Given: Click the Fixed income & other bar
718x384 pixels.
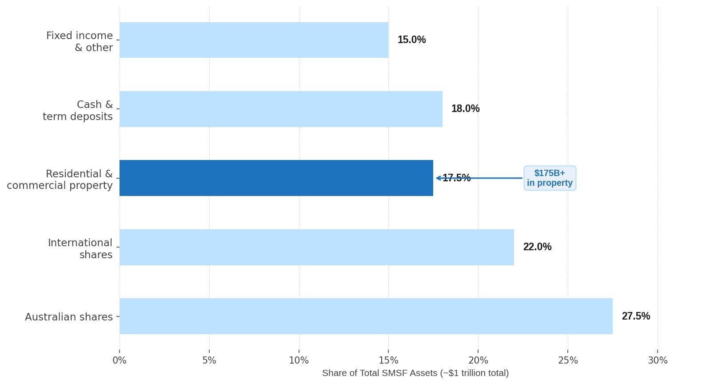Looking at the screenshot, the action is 254,40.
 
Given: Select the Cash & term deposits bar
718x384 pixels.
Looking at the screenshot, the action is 281,109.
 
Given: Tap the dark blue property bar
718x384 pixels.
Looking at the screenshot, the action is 276,178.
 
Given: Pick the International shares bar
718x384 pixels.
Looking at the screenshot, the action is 317,247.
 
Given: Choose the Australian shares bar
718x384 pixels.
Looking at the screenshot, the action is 366,316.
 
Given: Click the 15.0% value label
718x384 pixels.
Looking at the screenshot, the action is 411,40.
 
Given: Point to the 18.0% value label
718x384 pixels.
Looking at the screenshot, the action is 466,108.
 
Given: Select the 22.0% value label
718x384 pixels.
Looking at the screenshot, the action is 537,247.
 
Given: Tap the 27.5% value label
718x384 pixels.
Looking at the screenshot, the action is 636,316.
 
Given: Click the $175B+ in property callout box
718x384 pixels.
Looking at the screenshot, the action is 550,178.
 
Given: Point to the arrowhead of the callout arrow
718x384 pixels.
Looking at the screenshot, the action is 437,178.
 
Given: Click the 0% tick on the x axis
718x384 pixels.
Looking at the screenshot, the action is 120,360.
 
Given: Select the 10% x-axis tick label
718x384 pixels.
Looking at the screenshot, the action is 299,360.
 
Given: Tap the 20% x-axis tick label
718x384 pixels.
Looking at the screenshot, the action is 478,360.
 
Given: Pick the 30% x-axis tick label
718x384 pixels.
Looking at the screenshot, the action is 658,360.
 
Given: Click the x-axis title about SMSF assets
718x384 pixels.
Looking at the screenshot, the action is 415,373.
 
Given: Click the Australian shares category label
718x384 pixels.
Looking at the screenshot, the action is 69,317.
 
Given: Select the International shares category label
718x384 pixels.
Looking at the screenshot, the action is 80,248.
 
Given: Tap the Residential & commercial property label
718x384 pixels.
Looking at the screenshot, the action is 60,180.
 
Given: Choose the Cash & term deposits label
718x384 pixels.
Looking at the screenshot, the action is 78,110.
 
